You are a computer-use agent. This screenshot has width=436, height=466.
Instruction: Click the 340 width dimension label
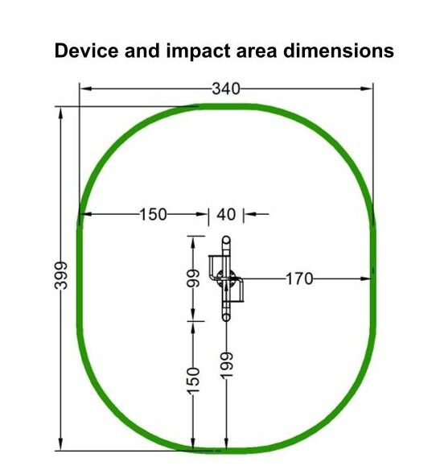click(226, 89)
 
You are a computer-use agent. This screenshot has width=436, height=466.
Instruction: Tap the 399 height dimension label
click(61, 275)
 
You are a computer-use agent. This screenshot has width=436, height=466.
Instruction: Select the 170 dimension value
click(299, 278)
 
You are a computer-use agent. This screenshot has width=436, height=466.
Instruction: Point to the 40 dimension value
click(226, 214)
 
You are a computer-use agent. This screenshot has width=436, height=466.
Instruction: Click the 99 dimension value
click(193, 278)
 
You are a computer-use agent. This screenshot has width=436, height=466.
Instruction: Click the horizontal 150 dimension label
click(154, 214)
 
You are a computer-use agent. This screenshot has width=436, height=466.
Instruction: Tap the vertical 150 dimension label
click(193, 381)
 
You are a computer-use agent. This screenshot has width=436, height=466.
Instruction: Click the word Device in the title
click(86, 51)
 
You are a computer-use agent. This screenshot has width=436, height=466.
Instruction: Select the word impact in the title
click(199, 52)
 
